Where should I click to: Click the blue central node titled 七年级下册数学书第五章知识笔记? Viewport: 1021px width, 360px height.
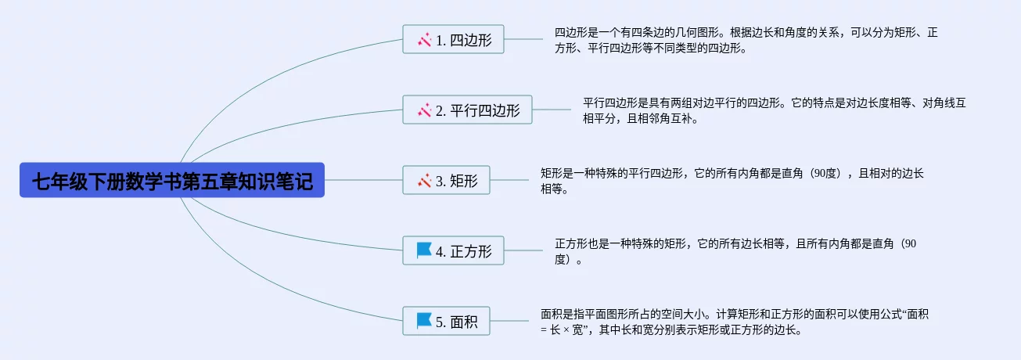[172, 180]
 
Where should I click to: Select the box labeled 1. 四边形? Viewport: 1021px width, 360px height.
[453, 39]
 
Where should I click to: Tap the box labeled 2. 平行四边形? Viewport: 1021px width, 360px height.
[467, 110]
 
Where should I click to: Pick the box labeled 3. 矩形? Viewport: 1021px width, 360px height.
[446, 180]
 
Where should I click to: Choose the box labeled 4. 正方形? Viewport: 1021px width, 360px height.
[453, 250]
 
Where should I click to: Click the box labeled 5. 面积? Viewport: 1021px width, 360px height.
[446, 321]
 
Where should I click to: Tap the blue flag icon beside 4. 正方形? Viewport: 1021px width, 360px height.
[424, 250]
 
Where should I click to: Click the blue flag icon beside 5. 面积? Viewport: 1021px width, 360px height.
[424, 321]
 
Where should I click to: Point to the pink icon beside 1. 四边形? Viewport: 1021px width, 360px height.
[424, 40]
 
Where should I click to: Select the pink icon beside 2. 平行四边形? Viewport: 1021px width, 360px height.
[424, 110]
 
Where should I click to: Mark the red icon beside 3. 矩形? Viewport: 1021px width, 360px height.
[424, 181]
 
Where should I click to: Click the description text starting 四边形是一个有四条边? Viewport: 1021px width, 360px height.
[746, 40]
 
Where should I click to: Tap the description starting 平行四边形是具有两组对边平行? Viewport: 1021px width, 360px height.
[774, 110]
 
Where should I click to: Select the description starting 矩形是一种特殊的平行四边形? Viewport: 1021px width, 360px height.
[732, 181]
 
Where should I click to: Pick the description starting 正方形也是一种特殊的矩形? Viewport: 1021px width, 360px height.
[735, 251]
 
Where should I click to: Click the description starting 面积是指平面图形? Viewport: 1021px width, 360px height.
[735, 322]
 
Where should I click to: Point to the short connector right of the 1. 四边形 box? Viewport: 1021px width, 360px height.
[523, 39]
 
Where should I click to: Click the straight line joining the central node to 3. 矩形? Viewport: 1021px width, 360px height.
[363, 180]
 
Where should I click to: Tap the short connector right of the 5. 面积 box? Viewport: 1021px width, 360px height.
[509, 321]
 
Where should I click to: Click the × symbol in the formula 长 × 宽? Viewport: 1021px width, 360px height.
[566, 330]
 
